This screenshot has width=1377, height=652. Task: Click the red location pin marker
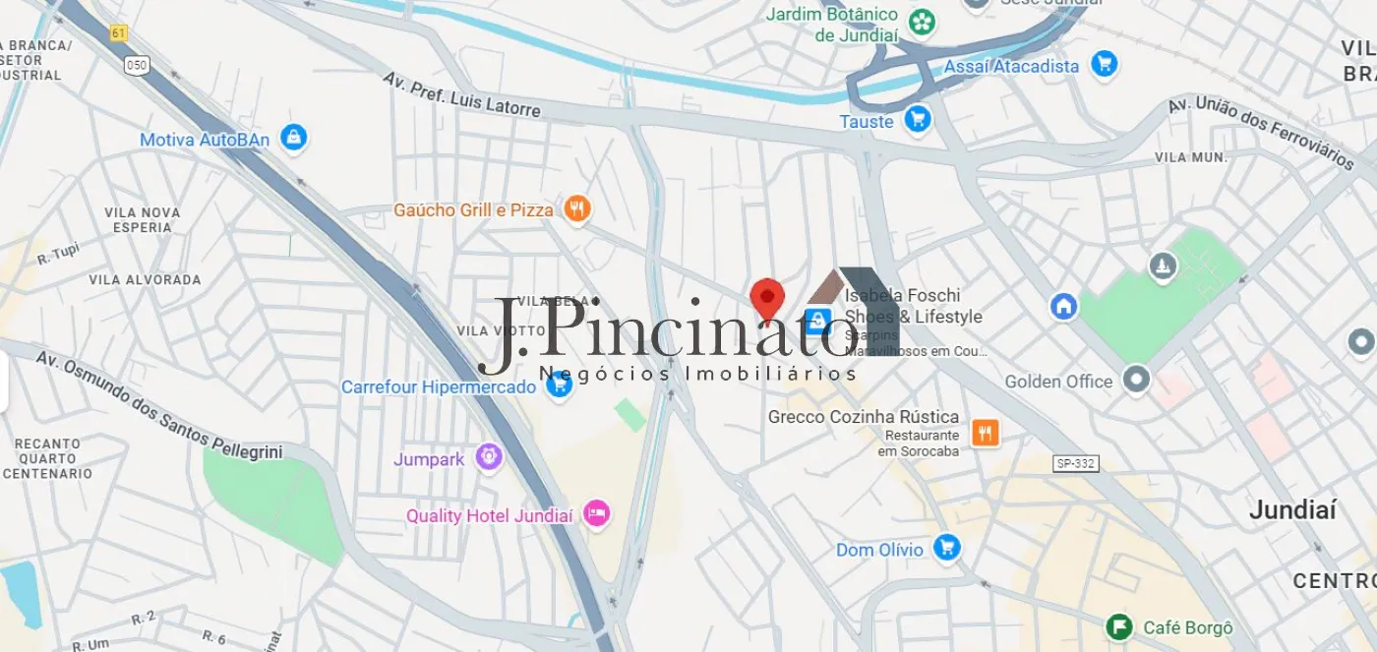pos(767,297)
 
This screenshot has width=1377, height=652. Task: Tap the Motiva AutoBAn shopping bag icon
pos(293,139)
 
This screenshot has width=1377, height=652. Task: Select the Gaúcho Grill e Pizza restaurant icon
pos(576,208)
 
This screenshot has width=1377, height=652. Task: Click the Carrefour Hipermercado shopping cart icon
pos(559,385)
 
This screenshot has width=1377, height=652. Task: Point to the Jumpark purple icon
pos(489,456)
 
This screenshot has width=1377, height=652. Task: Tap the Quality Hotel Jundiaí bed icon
pos(596,514)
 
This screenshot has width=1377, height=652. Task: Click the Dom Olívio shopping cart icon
pos(946,548)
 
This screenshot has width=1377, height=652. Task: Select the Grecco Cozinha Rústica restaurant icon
pos(985,432)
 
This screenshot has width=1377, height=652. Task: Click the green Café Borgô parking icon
pos(1118,626)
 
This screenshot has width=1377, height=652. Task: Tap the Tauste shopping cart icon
pos(918,120)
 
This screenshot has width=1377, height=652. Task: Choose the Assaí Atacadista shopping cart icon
pos(1104,65)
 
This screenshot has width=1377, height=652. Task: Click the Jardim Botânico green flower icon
pos(922,22)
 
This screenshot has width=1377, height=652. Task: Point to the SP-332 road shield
pos(1075,463)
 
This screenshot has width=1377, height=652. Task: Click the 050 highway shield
pos(136,65)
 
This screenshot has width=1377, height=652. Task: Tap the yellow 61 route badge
pos(119,33)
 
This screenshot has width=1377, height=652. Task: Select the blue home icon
pos(1063,306)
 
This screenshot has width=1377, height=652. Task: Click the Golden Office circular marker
pos(1136,380)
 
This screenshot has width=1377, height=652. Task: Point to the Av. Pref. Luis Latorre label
pos(461,94)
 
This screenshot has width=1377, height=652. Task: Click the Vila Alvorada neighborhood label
pos(145,279)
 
